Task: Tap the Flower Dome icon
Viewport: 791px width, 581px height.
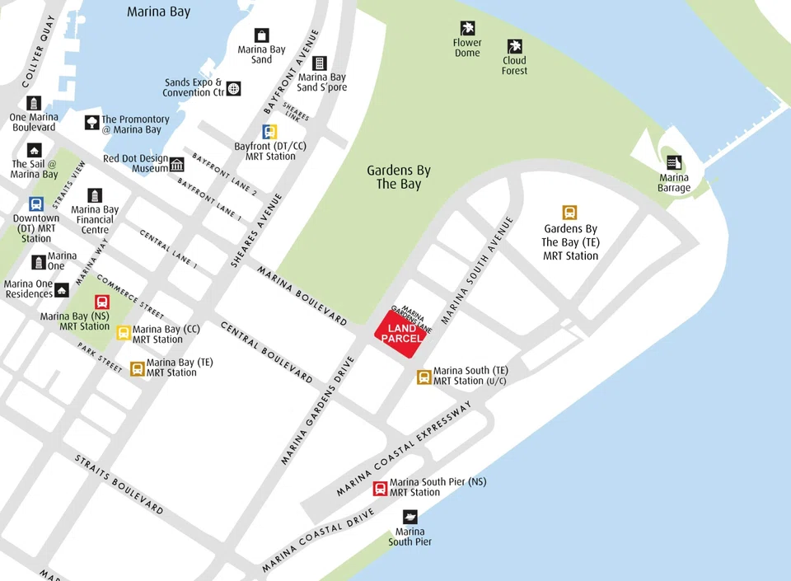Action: click(x=467, y=28)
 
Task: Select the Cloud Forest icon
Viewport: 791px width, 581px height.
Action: click(x=514, y=46)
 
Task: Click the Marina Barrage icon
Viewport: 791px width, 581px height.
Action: click(x=674, y=162)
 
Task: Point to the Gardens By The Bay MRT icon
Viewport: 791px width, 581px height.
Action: click(x=569, y=213)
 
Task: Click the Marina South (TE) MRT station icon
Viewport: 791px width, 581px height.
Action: click(x=424, y=377)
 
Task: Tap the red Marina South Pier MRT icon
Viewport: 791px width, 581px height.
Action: click(x=380, y=488)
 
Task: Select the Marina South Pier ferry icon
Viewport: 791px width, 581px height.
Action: click(x=410, y=517)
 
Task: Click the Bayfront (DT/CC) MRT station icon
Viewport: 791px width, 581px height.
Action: click(x=270, y=132)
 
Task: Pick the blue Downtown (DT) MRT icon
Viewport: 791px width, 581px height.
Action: click(x=36, y=204)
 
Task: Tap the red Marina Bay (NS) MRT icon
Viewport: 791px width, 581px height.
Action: click(x=101, y=302)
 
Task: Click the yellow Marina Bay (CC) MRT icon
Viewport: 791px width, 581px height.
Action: click(x=124, y=333)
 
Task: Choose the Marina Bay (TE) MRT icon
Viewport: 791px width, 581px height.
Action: click(x=137, y=368)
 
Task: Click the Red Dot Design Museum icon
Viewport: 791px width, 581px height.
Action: click(x=177, y=164)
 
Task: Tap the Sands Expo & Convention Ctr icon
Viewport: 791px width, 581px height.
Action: click(x=233, y=88)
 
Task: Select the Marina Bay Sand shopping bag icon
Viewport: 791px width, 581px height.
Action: click(x=261, y=35)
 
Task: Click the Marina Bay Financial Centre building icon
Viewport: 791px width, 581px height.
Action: click(x=95, y=195)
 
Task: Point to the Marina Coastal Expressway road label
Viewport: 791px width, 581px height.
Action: click(x=403, y=450)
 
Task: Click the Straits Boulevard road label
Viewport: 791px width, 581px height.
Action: click(x=119, y=484)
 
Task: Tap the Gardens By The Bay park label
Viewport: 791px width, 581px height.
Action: click(x=399, y=177)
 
